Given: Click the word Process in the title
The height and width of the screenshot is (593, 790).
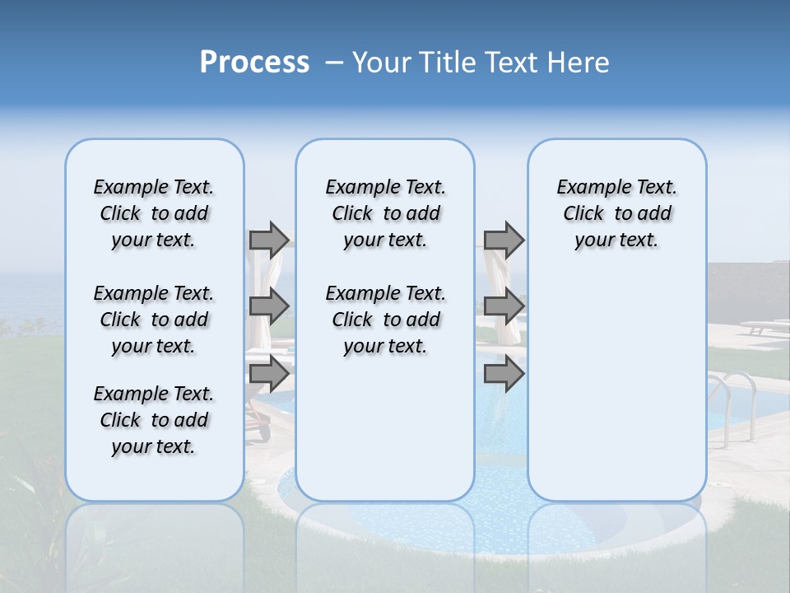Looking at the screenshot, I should click(x=254, y=63).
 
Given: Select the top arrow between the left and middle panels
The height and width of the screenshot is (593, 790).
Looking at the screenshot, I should click(x=269, y=240).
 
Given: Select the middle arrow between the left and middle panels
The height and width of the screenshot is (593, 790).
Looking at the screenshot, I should click(x=269, y=306).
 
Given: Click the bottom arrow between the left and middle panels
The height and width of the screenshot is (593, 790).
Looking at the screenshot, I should click(x=269, y=373).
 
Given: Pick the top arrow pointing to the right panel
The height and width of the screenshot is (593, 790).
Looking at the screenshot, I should click(x=504, y=240).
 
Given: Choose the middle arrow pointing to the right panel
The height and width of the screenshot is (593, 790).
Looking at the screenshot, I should click(x=504, y=306).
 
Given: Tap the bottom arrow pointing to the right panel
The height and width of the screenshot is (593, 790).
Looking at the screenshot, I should click(x=504, y=373).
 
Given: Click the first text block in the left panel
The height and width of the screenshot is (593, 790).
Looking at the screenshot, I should click(x=154, y=213).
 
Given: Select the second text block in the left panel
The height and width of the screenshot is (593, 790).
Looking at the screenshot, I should click(x=154, y=320).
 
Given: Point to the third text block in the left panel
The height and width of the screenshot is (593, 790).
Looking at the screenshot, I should click(x=154, y=420).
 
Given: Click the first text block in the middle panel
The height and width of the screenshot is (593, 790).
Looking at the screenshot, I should click(x=385, y=213).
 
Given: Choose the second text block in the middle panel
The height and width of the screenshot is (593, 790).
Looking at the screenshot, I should click(x=385, y=320).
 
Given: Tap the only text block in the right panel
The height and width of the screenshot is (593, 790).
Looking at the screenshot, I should click(x=616, y=213).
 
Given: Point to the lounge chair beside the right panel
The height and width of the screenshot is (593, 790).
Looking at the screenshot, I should click(x=761, y=327).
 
